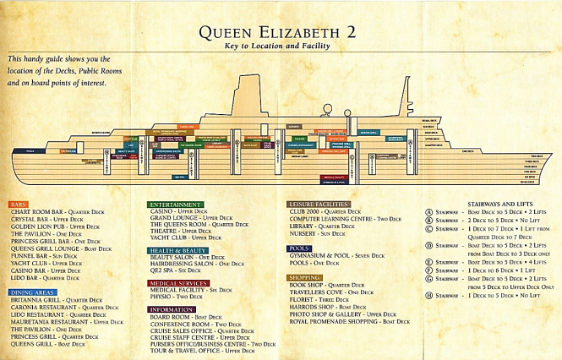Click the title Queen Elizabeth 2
(x=281, y=33)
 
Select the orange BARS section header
(x=19, y=205)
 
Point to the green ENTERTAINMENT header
(x=175, y=205)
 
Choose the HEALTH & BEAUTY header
(x=178, y=250)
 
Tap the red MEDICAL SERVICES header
(x=178, y=282)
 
